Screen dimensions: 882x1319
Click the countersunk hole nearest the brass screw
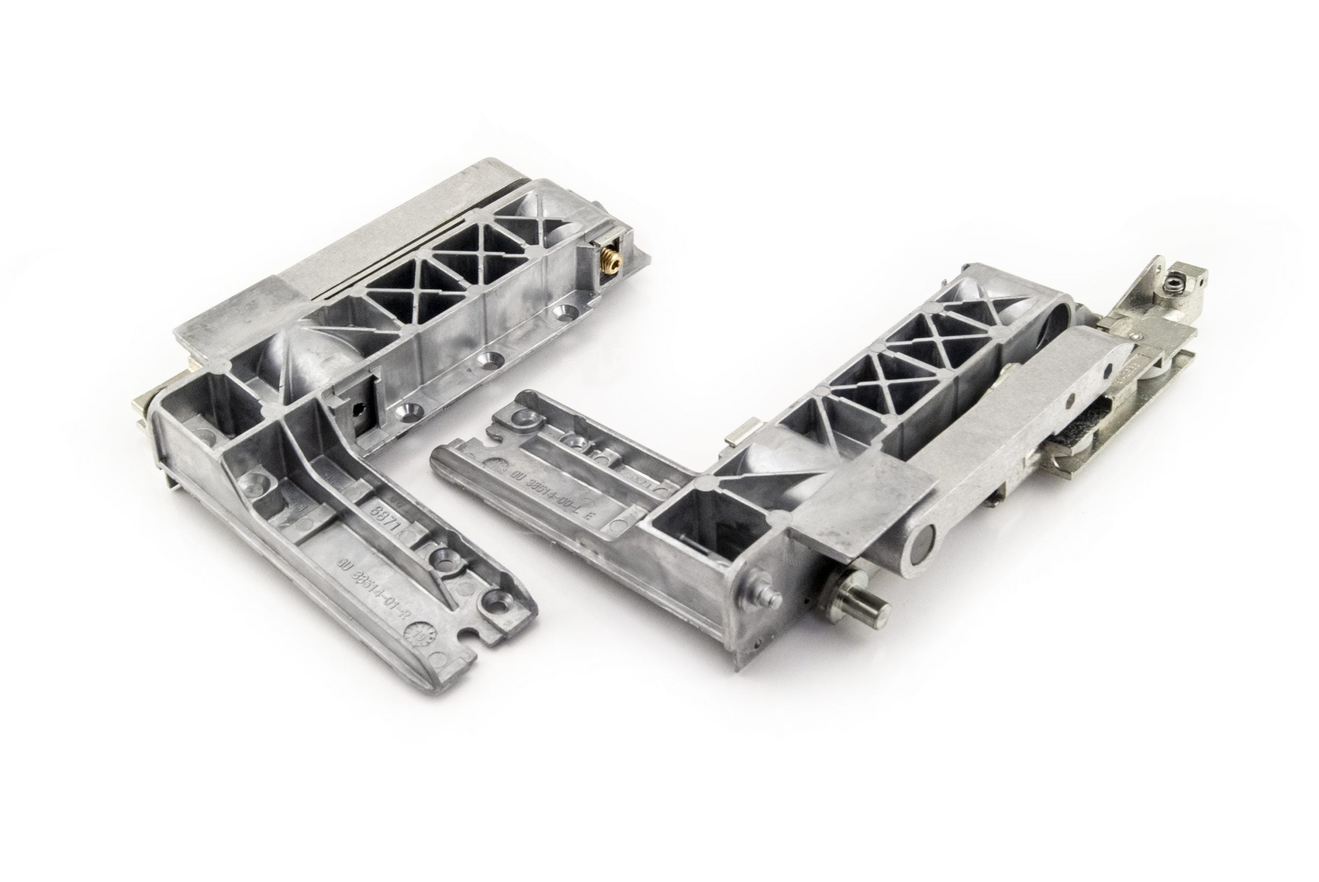coord(563,311)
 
